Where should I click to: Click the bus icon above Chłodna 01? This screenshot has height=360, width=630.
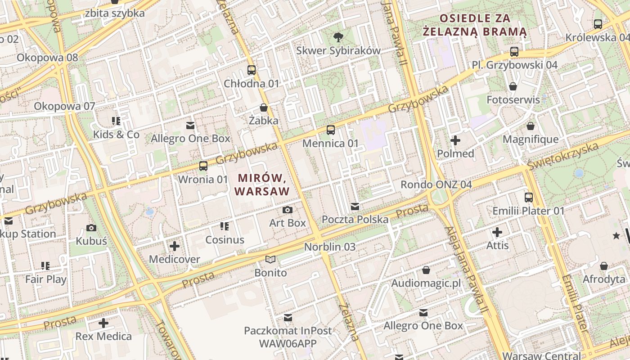(x=252, y=70)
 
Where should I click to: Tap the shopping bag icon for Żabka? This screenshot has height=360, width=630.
(x=264, y=108)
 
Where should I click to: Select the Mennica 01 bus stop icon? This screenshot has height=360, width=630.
(x=331, y=130)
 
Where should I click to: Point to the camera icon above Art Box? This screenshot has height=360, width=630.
(x=287, y=210)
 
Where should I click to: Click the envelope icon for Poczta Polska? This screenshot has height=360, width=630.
(x=355, y=207)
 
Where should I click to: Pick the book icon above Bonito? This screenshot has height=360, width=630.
(x=270, y=259)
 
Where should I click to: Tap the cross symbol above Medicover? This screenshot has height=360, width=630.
(x=175, y=246)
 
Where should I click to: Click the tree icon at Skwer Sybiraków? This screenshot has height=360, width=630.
(x=338, y=37)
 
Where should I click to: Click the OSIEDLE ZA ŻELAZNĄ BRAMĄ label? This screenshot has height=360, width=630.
(x=475, y=25)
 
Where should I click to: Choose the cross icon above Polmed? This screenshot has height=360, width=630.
(x=455, y=140)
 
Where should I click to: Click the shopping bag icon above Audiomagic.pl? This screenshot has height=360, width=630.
(x=426, y=270)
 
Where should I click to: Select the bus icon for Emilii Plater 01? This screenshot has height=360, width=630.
(x=529, y=197)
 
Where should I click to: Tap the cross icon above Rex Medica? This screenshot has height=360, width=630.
(x=103, y=323)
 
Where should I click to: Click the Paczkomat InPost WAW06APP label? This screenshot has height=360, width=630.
(x=288, y=337)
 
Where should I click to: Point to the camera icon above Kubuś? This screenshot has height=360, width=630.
(x=91, y=228)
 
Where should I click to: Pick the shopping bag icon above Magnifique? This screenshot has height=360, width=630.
(x=531, y=126)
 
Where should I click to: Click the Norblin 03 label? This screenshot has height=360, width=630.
(x=330, y=247)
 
